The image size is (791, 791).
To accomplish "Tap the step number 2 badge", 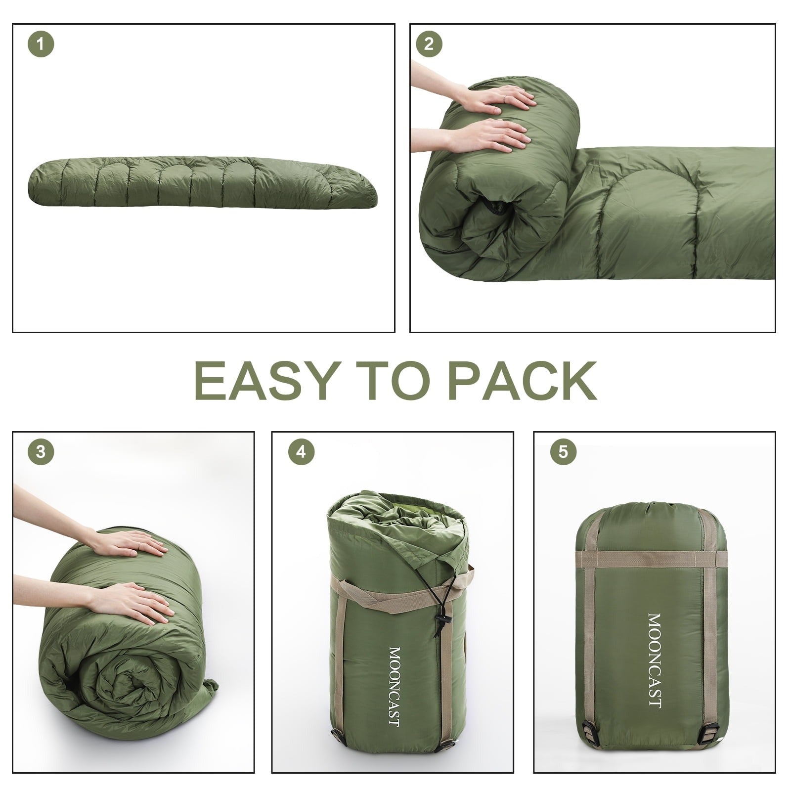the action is (429, 44).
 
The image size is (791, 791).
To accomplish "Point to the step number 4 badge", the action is (301, 451).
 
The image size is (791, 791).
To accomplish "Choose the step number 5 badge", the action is (563, 451).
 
